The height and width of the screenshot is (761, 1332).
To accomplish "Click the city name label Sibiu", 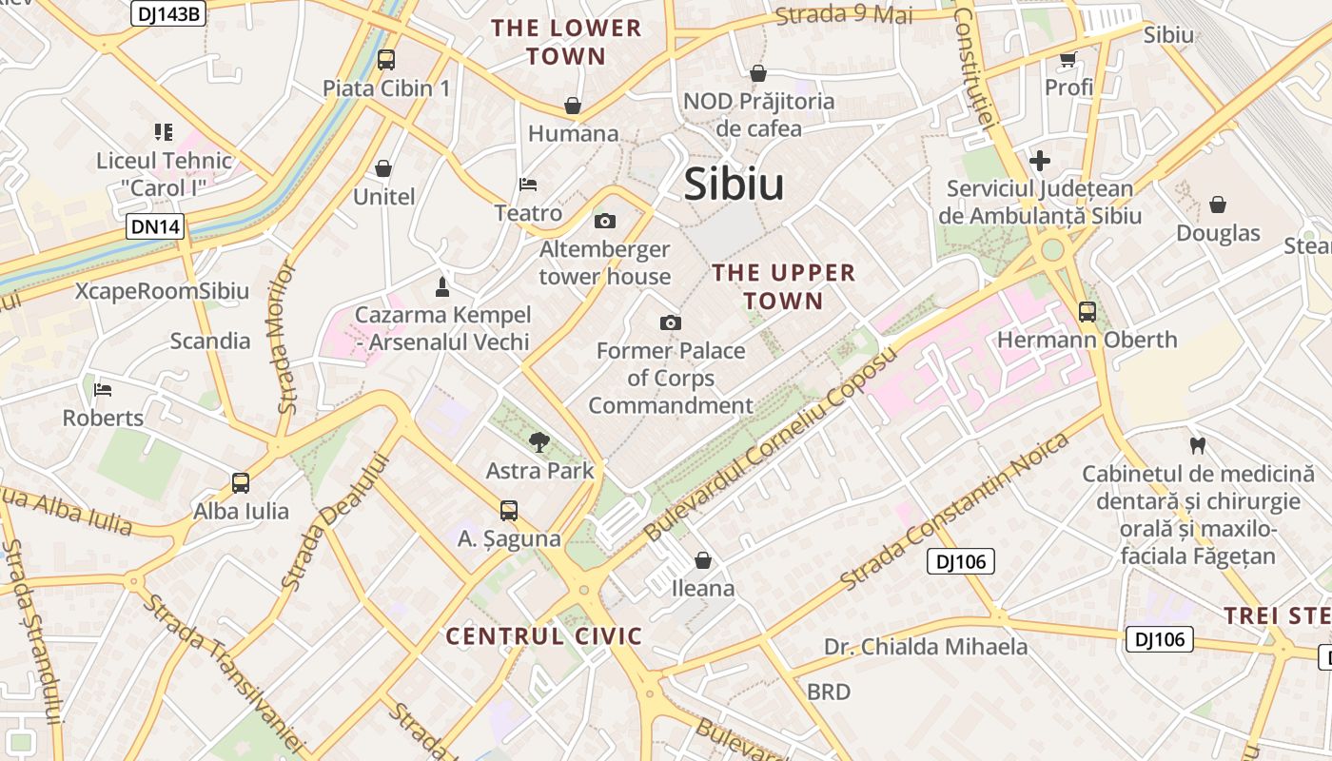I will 734,185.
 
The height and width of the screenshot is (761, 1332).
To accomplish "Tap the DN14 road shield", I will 153,226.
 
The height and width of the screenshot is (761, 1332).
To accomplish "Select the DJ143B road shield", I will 167,12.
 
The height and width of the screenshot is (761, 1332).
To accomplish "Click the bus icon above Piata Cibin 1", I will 385,60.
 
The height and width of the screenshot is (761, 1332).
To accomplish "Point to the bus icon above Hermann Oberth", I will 1087,311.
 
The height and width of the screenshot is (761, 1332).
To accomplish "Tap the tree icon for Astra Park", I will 539,441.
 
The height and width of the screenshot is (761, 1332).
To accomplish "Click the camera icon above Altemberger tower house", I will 604,222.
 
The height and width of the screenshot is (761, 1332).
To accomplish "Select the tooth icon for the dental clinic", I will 1198,444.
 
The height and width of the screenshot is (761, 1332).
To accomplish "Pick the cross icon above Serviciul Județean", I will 1040,160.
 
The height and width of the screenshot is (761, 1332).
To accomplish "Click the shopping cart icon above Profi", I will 1068,60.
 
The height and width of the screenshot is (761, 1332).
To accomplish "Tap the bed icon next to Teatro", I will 528,184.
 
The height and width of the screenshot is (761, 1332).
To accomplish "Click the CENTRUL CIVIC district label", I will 544,636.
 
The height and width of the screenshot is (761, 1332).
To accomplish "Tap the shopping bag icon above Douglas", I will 1217,205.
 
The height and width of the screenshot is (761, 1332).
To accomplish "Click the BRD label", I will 828,692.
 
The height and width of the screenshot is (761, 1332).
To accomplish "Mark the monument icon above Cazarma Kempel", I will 441,285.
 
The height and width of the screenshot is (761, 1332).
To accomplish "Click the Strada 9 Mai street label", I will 844,15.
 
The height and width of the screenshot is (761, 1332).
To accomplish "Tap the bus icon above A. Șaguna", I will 509,510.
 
